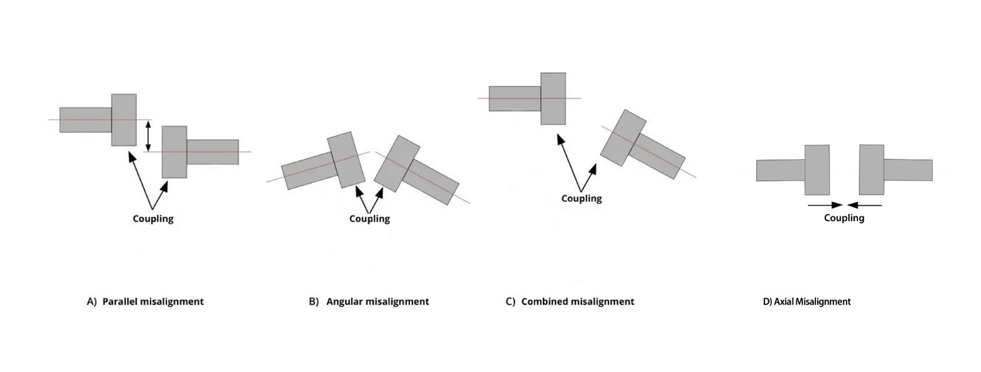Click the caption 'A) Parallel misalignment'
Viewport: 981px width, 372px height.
[145, 301]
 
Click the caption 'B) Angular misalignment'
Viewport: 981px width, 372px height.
[369, 301]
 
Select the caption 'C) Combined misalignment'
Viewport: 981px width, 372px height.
[570, 301]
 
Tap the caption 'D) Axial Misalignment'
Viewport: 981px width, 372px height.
[806, 301]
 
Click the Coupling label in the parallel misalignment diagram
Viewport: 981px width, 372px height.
[153, 218]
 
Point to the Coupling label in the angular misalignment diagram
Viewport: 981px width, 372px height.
[369, 218]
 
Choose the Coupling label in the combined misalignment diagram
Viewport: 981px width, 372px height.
[581, 198]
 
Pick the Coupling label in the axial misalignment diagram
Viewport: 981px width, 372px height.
[844, 218]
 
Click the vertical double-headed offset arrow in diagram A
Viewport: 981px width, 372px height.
[148, 136]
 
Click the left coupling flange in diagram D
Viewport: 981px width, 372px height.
[817, 170]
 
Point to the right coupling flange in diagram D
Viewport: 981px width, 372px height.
[871, 170]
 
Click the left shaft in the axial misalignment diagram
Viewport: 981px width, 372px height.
[780, 170]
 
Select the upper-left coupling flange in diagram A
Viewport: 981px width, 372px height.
[124, 120]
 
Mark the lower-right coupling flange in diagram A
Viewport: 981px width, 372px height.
[174, 152]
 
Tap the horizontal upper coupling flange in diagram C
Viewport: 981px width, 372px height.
[553, 98]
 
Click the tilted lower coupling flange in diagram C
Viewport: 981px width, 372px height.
[623, 138]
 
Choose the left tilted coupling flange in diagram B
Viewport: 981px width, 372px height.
[346, 160]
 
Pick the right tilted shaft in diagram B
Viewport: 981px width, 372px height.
[434, 182]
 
